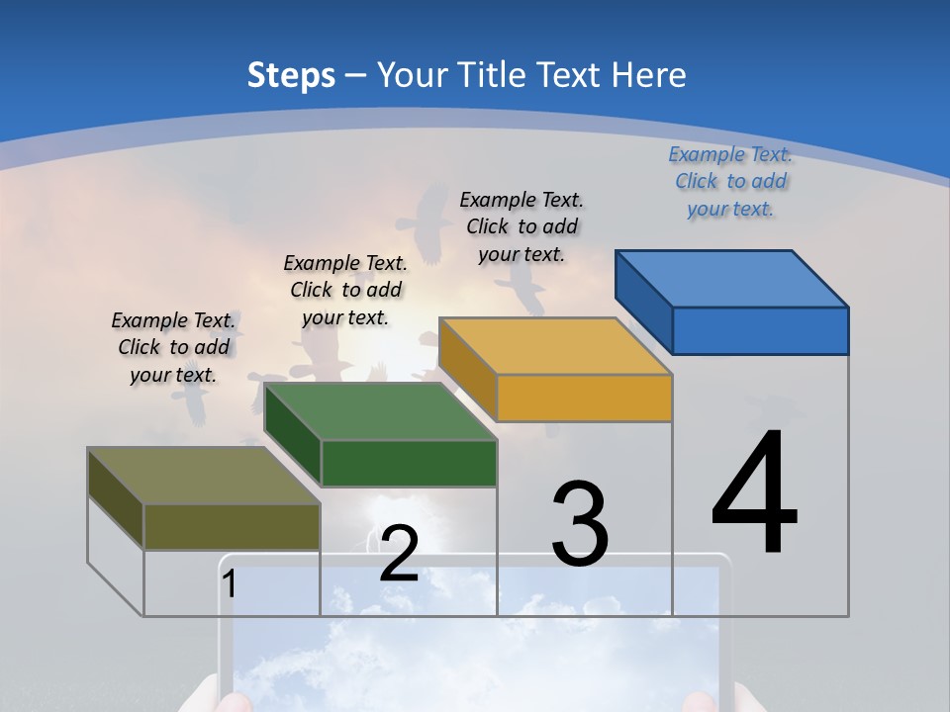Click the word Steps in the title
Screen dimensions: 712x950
tap(291, 75)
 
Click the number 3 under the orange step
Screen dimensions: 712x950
tap(580, 524)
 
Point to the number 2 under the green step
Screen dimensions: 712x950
tap(399, 555)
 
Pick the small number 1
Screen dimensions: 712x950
tap(230, 584)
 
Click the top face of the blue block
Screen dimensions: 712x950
tap(732, 278)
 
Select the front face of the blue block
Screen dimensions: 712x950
tap(760, 330)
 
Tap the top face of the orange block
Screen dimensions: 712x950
tap(555, 345)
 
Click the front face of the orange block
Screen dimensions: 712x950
tap(584, 398)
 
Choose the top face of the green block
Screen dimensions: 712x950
tap(380, 410)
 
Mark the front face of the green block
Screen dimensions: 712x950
tap(409, 463)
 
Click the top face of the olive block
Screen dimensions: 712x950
tap(204, 475)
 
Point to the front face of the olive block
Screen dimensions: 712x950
tap(232, 526)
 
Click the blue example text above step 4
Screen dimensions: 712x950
tap(730, 181)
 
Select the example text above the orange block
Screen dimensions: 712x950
tap(522, 226)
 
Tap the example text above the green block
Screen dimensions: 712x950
tap(345, 290)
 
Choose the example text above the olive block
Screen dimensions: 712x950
tap(173, 347)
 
